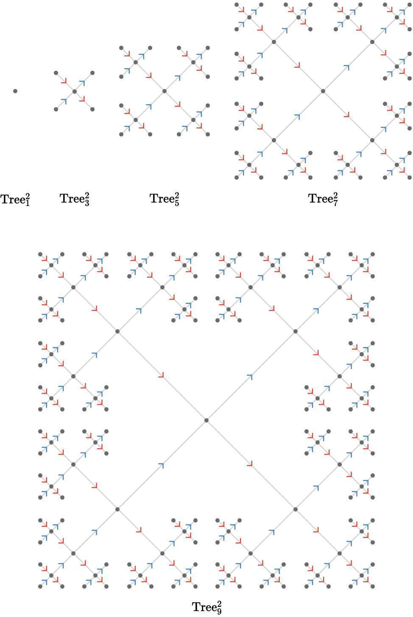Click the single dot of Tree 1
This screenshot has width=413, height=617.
15,91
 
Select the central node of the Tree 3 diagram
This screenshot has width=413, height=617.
74,91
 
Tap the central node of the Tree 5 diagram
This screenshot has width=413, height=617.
165,91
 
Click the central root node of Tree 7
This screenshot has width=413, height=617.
323,91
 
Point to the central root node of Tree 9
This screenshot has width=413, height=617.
206,420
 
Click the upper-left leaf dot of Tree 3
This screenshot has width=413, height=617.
56,73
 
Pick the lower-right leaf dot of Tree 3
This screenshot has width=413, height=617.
92,109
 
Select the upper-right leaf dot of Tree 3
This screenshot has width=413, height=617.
92,73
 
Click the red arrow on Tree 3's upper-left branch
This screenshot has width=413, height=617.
64,81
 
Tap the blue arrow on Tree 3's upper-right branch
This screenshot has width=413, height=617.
83,83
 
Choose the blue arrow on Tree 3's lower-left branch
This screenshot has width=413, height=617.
64,101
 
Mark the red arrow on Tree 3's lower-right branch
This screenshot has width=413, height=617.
82,100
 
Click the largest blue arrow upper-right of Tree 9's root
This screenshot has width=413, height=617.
250,376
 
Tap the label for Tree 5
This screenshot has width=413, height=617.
165,199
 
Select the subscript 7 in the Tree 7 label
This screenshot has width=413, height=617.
335,203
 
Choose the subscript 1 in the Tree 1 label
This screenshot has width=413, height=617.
28,203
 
